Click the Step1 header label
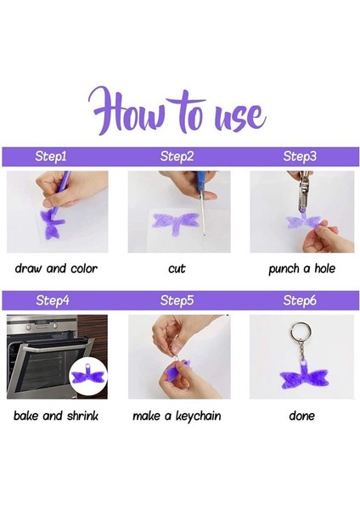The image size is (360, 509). (x=51, y=156)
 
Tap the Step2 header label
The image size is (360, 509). (x=177, y=156)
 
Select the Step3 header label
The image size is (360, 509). (x=300, y=156)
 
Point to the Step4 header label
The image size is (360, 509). (x=53, y=300)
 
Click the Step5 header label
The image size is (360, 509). (x=177, y=300)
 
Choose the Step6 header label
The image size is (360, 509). (x=300, y=300)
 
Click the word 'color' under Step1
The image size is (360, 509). (x=84, y=269)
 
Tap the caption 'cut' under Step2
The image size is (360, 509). (x=177, y=269)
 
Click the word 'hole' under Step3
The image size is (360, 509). (x=324, y=268)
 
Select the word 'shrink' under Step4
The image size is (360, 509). (x=82, y=416)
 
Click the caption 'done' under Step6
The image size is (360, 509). (x=302, y=416)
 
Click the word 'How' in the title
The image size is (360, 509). (x=126, y=111)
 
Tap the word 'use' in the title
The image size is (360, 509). (x=241, y=118)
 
